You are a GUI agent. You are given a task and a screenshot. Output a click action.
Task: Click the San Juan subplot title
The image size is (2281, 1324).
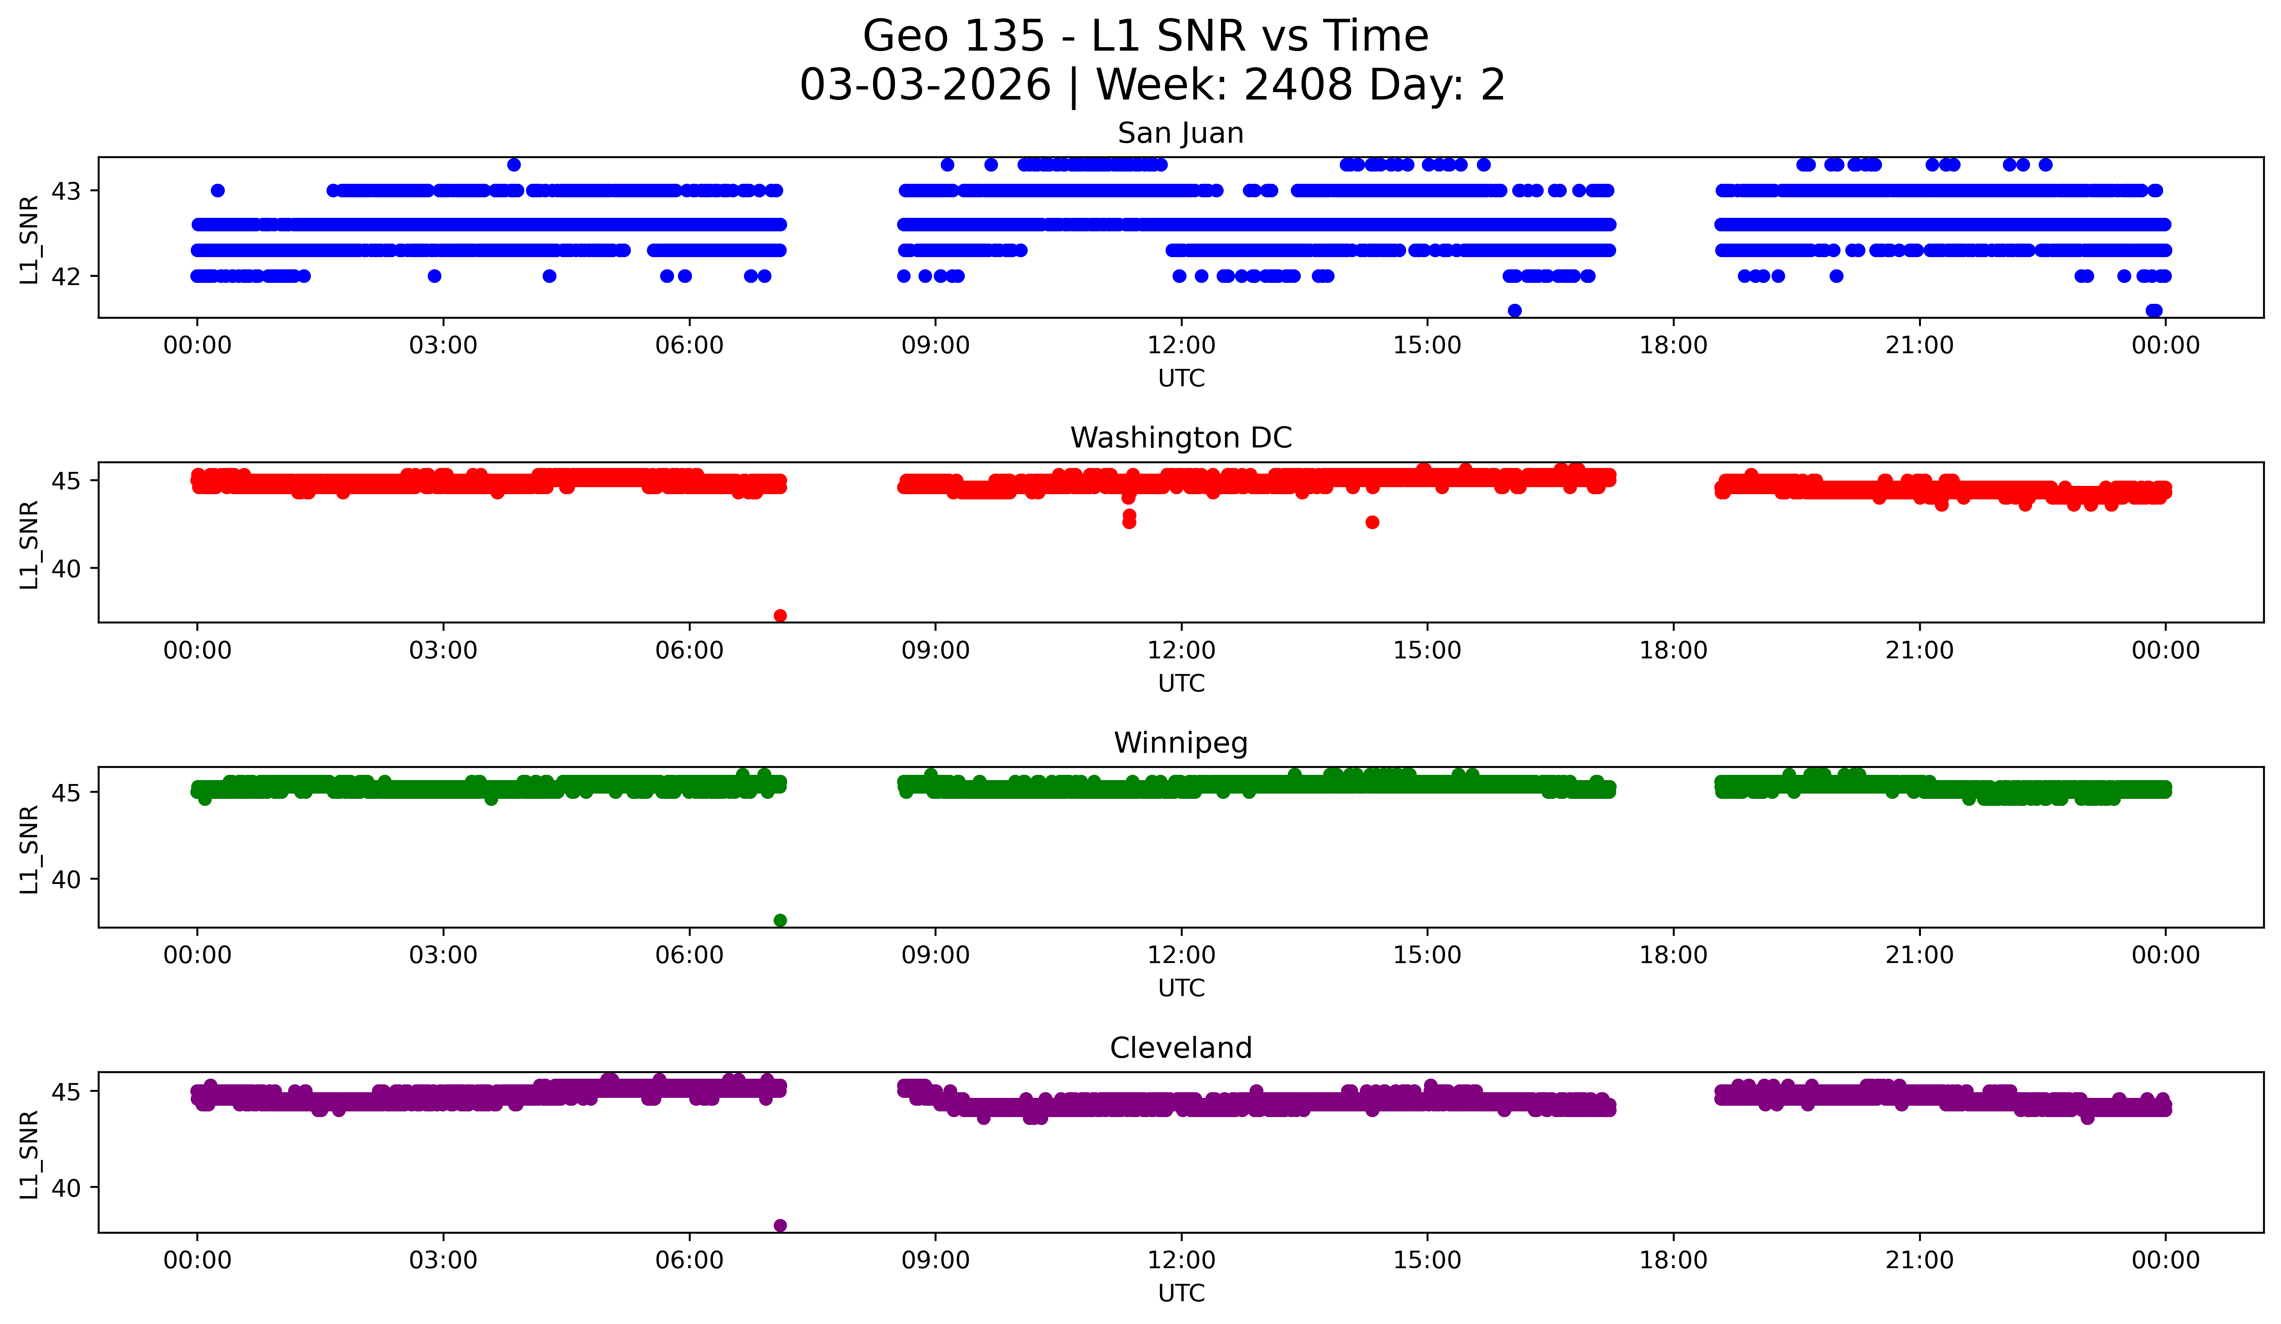[x=1180, y=133]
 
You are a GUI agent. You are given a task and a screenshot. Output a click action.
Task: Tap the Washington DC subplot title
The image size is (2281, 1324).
[x=1180, y=438]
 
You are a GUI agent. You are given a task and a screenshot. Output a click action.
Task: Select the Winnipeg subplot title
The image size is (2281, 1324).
[x=1180, y=743]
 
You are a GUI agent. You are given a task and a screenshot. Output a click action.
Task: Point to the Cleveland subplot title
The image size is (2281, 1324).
[x=1180, y=1048]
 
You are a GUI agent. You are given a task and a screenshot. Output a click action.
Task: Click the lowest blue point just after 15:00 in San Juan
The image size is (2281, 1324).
[x=1514, y=310]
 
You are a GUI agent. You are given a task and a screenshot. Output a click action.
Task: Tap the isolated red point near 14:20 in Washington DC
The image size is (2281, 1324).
[x=1372, y=522]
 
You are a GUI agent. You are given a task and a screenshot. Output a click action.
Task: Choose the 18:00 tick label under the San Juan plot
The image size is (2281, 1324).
[x=1673, y=346]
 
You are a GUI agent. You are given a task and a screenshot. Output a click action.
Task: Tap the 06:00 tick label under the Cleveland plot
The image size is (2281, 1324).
[x=689, y=1261]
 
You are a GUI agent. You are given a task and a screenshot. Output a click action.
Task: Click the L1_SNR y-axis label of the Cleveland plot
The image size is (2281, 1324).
[x=29, y=1154]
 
